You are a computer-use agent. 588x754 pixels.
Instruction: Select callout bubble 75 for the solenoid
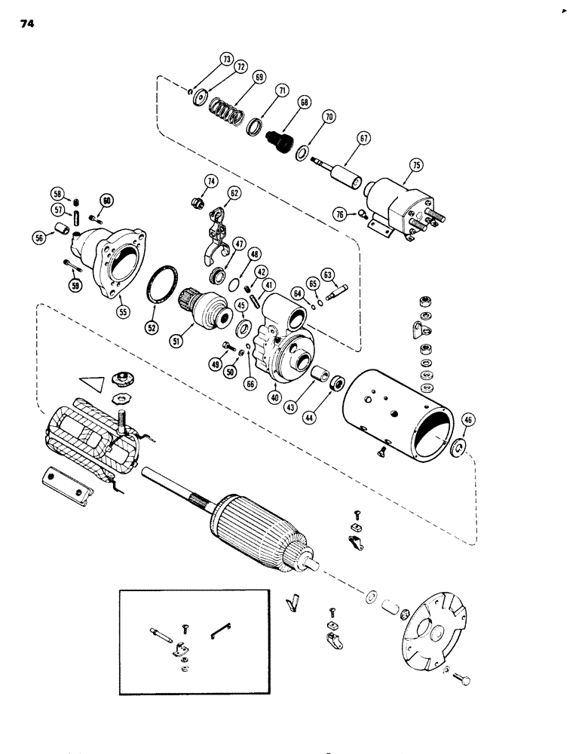click(415, 166)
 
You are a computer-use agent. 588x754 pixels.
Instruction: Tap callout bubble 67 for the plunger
click(364, 140)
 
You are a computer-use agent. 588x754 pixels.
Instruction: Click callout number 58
click(57, 193)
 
